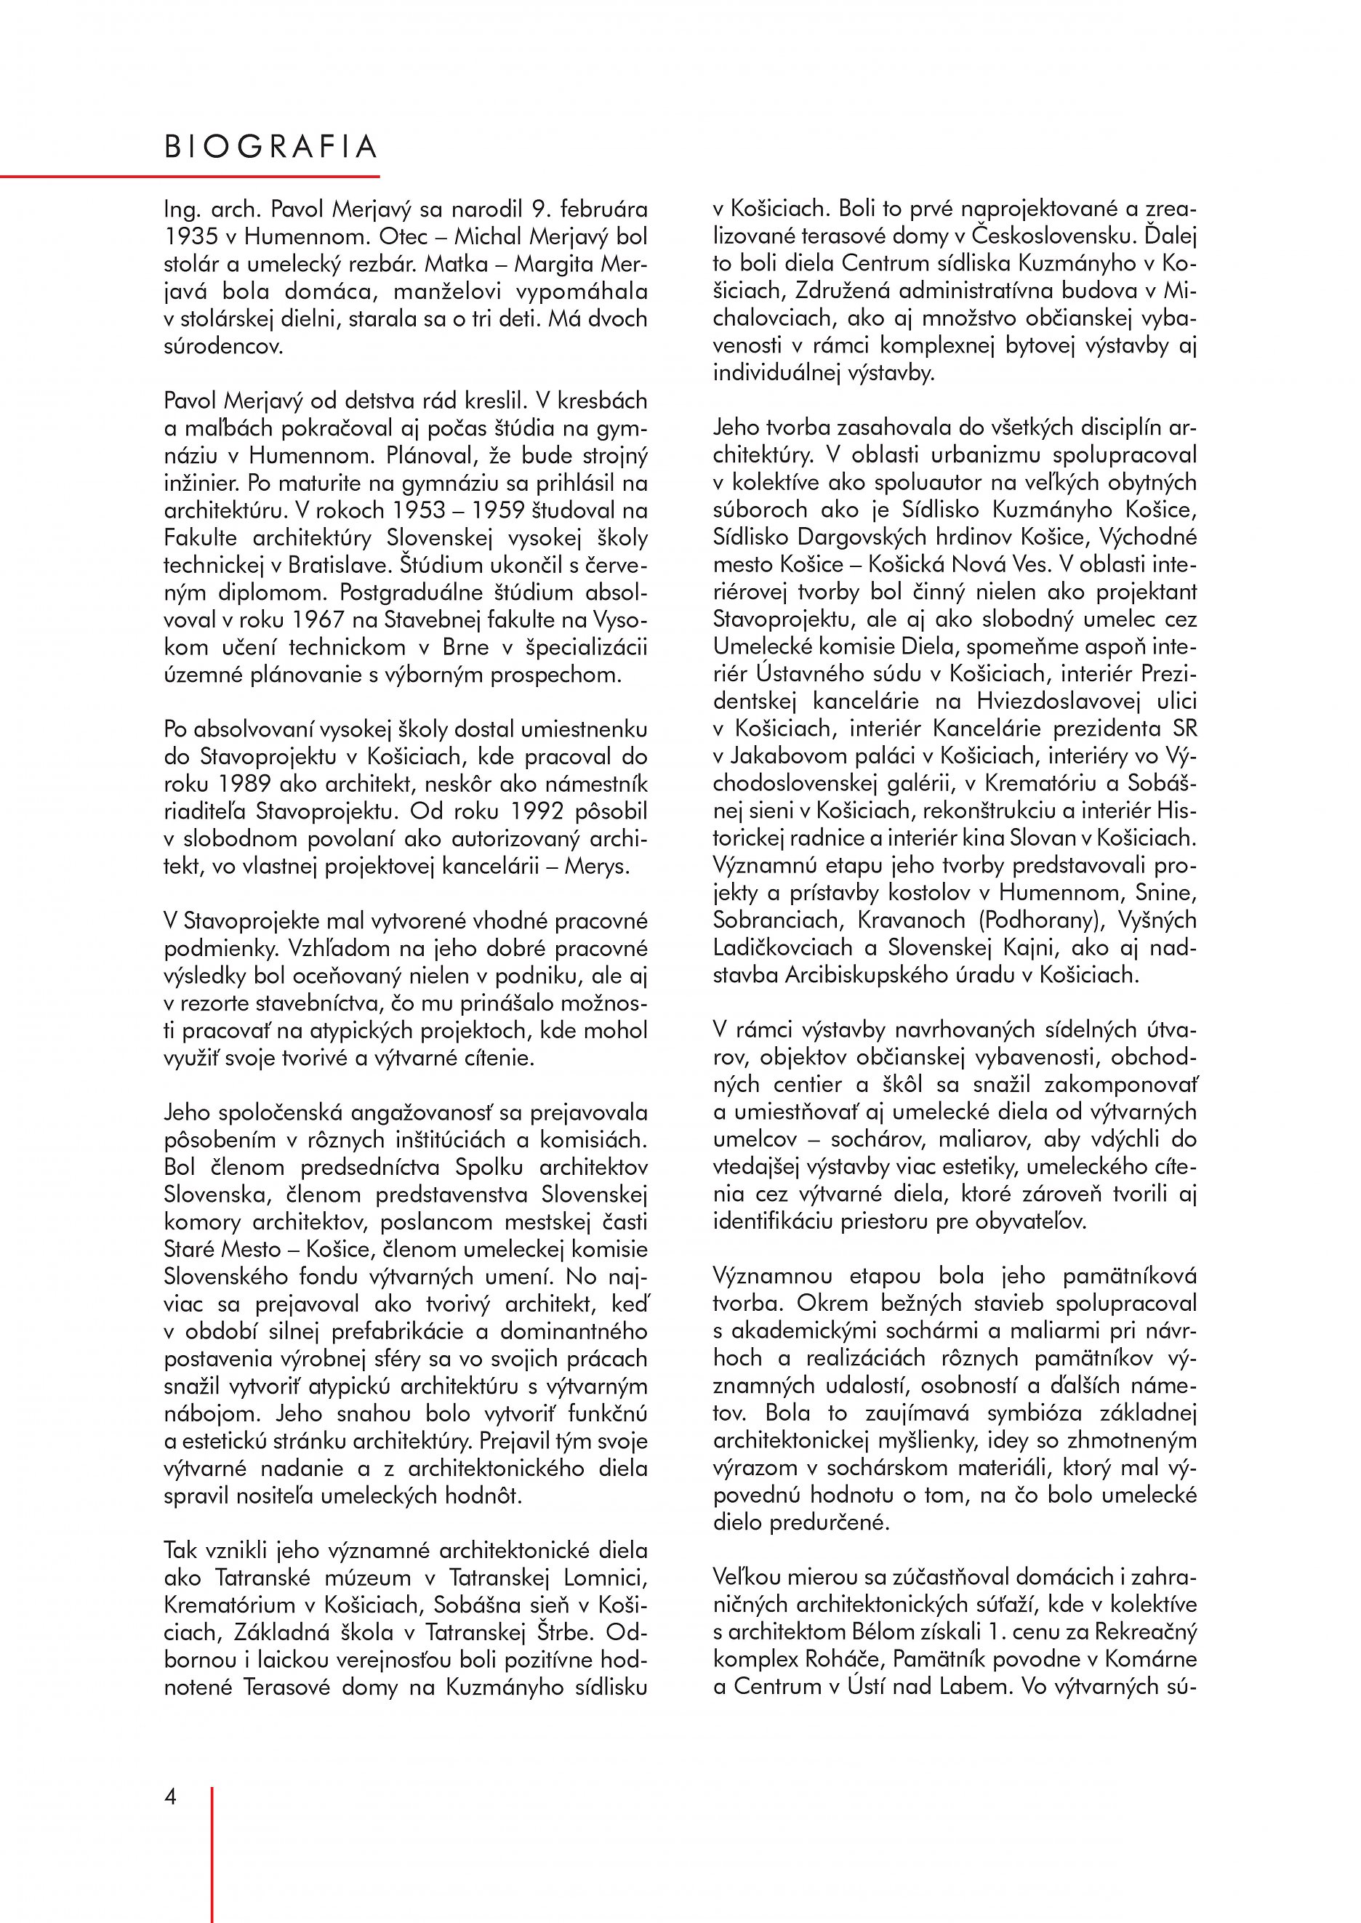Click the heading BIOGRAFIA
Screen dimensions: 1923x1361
270,148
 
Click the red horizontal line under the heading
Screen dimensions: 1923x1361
190,177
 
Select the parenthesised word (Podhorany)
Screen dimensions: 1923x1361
1038,920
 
